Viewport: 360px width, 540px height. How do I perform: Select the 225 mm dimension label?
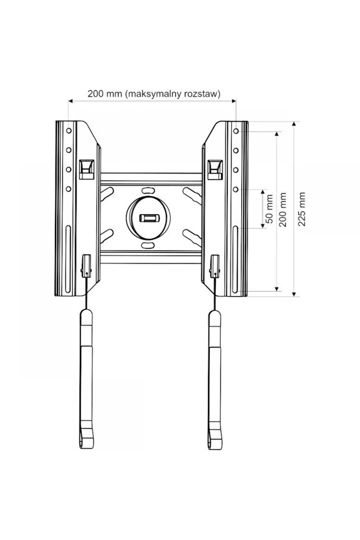click(x=301, y=209)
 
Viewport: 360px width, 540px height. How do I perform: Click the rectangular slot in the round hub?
click(x=148, y=218)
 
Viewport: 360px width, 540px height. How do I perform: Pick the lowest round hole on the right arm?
click(x=236, y=189)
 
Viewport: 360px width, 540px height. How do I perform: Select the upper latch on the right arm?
click(x=215, y=168)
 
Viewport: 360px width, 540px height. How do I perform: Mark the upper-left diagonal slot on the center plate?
click(x=107, y=193)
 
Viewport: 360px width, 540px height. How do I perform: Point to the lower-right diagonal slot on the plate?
click(x=191, y=236)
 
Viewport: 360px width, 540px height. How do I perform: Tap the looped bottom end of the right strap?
click(x=214, y=438)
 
